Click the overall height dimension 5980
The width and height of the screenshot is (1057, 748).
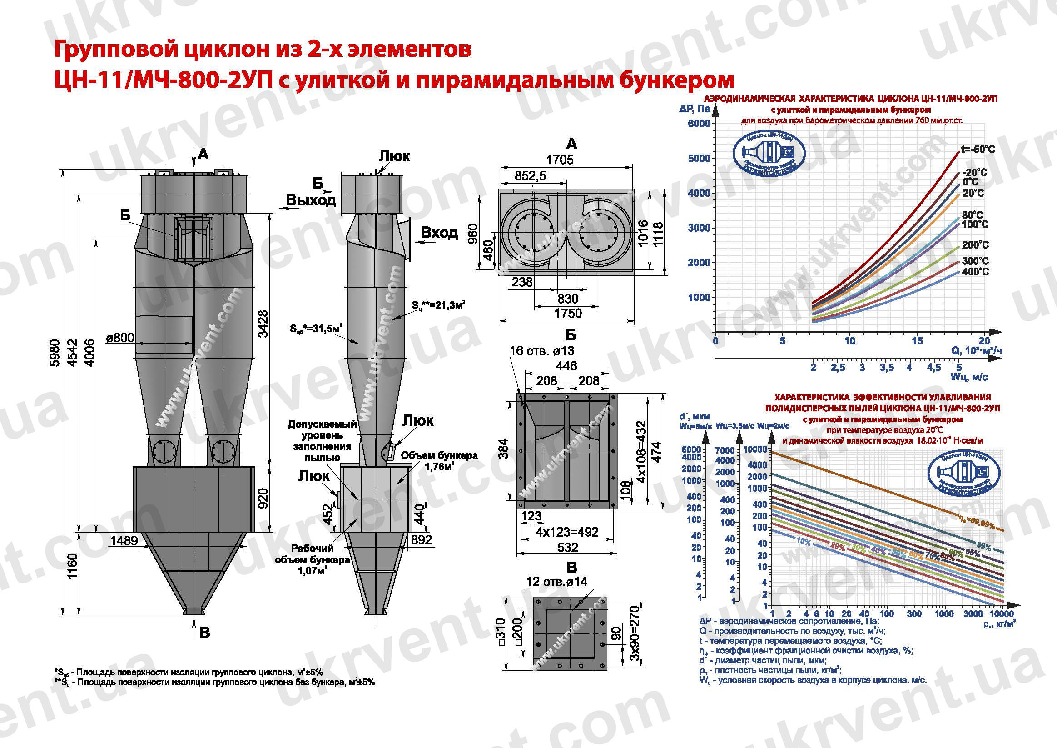(x=55, y=352)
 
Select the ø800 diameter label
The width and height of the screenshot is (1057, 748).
(x=120, y=338)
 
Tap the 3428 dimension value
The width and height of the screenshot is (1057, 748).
(x=263, y=324)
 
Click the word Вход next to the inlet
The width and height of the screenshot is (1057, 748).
(x=439, y=233)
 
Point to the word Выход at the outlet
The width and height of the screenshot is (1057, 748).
(x=311, y=200)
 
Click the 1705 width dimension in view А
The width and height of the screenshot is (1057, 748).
(x=560, y=160)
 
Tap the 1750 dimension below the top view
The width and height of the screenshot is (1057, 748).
(x=568, y=314)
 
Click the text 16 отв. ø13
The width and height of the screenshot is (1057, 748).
(x=542, y=351)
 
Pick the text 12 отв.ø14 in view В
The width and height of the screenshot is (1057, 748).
(x=556, y=582)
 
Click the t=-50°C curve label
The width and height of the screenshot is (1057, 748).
(x=978, y=150)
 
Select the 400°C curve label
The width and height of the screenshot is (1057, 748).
(x=975, y=272)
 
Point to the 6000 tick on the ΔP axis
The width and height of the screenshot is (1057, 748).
(x=699, y=124)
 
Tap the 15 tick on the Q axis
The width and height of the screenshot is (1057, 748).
(x=917, y=341)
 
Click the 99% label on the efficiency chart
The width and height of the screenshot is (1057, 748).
(x=984, y=547)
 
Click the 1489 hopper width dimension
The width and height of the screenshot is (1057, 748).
(x=124, y=540)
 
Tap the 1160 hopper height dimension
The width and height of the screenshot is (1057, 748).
(x=73, y=568)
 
